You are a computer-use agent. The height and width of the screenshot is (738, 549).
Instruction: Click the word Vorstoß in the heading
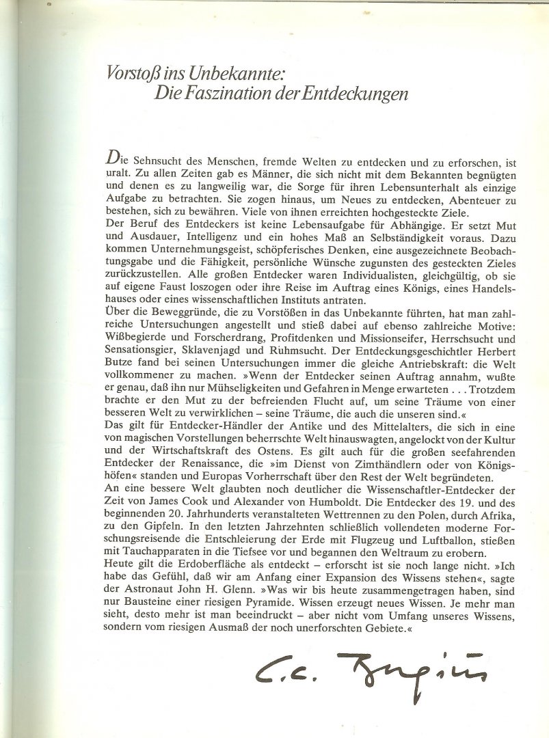pyautogui.click(x=130, y=71)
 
